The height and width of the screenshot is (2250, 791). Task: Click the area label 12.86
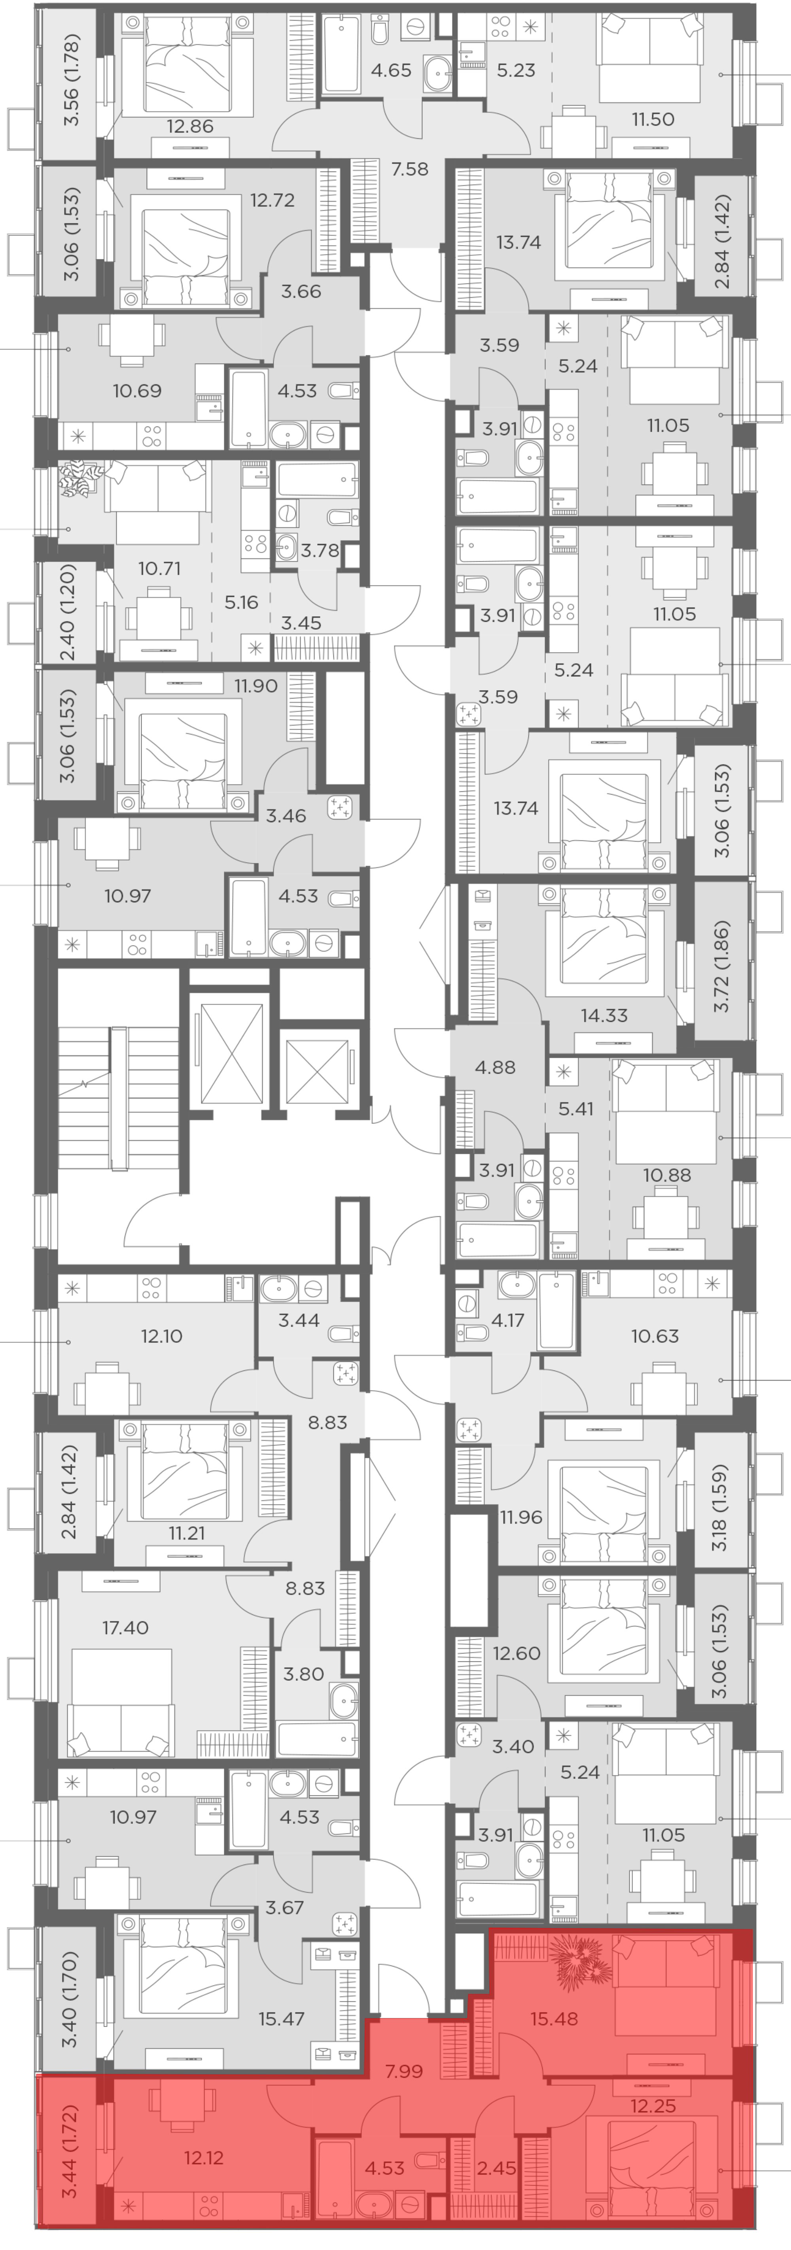pos(190,126)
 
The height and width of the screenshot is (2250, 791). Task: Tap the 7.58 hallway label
pos(409,168)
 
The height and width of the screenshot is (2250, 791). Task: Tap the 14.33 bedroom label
pos(604,1015)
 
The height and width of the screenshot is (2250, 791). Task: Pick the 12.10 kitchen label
pos(162,1336)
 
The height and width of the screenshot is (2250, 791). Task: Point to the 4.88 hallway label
pos(495,1066)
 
